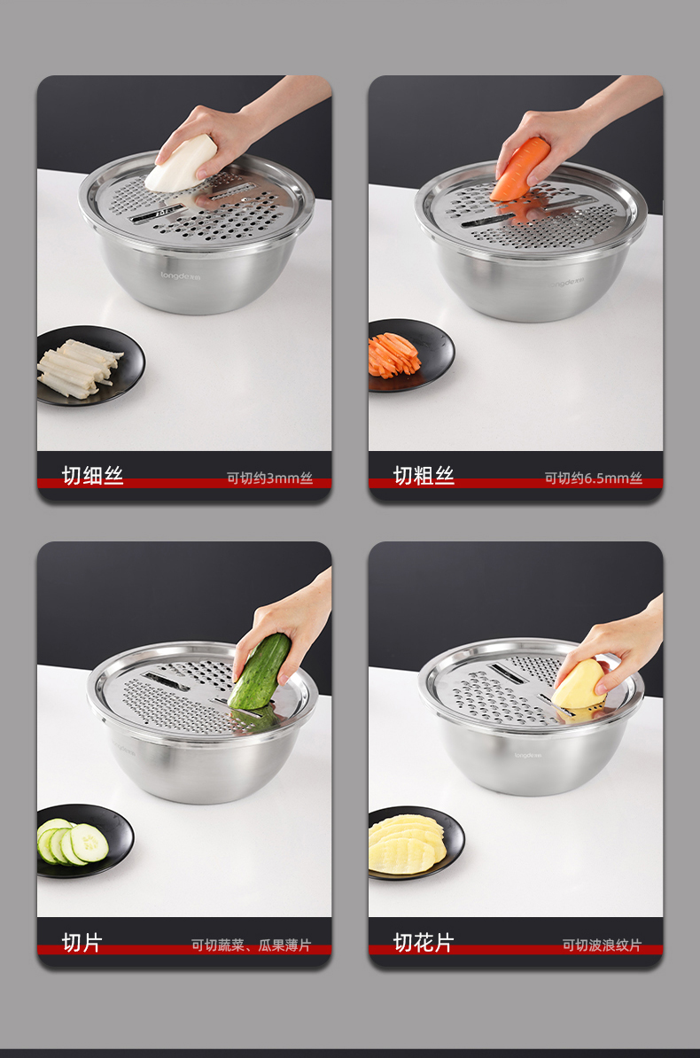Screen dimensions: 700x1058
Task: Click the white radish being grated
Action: [180, 164]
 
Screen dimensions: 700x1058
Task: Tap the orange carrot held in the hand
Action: [520, 168]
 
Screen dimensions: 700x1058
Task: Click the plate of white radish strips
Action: [89, 365]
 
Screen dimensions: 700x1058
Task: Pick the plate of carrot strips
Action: [409, 355]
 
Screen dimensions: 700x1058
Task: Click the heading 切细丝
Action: [92, 476]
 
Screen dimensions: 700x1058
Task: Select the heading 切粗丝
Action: [424, 476]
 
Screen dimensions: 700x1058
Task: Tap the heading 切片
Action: [82, 943]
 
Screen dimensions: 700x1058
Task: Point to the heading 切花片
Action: [424, 943]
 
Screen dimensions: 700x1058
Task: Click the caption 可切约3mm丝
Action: [270, 478]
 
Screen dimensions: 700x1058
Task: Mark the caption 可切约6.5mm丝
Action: [594, 478]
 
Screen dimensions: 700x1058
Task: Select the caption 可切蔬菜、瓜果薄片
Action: [251, 945]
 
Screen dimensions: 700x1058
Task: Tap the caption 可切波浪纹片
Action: [603, 945]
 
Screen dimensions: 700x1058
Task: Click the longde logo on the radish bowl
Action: [180, 276]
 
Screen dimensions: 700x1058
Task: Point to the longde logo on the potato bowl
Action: [528, 755]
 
